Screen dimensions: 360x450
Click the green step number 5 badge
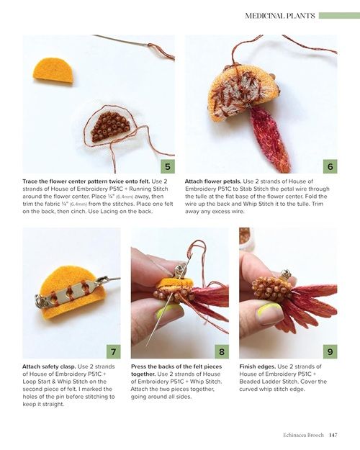[x=168, y=166]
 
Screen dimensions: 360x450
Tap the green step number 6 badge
[x=330, y=166]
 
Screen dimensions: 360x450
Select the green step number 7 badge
[x=113, y=351]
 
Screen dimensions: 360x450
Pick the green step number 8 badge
[x=222, y=351]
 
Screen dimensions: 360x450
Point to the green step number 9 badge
[x=330, y=351]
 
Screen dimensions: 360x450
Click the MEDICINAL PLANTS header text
[x=280, y=16]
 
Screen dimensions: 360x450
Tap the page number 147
[x=333, y=435]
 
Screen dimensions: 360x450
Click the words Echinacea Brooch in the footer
[x=303, y=435]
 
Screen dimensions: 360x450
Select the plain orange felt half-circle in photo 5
[x=53, y=71]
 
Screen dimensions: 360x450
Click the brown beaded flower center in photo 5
[x=112, y=126]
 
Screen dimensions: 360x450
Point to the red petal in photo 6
[x=271, y=138]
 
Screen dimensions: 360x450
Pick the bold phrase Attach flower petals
[x=212, y=181]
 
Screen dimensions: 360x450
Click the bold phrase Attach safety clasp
[x=49, y=366]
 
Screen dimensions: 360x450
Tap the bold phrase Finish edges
[x=258, y=366]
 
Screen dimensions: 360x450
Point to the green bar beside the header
[x=339, y=16]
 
